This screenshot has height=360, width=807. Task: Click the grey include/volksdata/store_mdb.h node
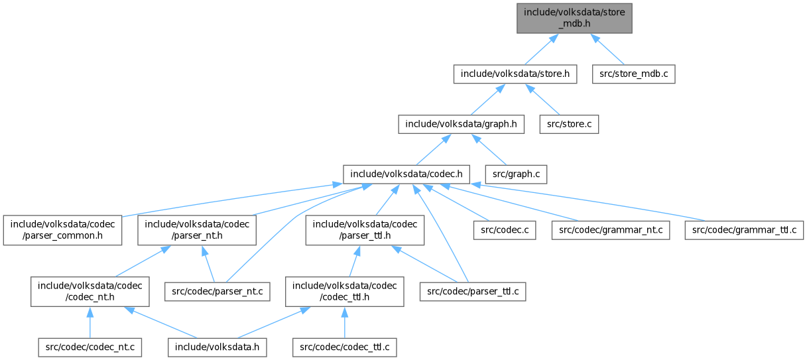574,17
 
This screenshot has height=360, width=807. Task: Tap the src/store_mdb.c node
634,74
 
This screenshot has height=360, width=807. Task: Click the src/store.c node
570,123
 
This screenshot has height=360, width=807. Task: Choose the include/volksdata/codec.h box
406,174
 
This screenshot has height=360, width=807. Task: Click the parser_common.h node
60,229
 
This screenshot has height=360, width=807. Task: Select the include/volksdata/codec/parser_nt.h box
197,229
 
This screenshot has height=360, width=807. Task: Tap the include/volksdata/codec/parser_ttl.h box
365,229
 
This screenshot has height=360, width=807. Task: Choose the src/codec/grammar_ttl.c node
745,229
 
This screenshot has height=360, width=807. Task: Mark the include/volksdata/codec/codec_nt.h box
90,291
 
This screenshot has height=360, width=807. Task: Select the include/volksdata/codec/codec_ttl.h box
344,291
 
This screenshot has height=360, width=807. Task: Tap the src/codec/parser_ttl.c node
473,291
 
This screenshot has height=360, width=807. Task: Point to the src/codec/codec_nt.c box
90,347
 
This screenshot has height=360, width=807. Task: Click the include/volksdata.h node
217,347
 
